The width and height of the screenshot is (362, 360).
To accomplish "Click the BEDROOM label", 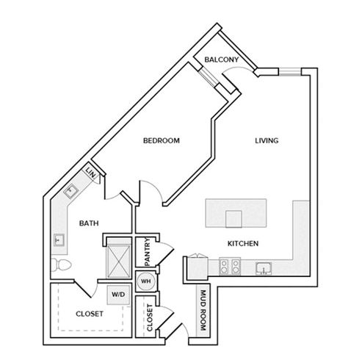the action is pyautogui.click(x=162, y=140).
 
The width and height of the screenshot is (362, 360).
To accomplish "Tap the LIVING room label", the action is pyautogui.click(x=267, y=140).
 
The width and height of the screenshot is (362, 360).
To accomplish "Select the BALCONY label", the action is pyautogui.click(x=222, y=60).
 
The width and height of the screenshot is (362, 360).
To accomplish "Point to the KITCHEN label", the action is pyautogui.click(x=243, y=243).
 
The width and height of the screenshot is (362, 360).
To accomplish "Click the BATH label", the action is pyautogui.click(x=89, y=223).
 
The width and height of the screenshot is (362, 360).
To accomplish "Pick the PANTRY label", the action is pyautogui.click(x=148, y=252).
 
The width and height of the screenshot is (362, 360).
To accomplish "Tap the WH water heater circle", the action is pyautogui.click(x=146, y=281).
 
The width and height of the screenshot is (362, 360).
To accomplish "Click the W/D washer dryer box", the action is pyautogui.click(x=118, y=295).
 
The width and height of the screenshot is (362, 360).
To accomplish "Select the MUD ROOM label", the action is pyautogui.click(x=203, y=310).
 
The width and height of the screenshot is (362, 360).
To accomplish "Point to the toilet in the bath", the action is pyautogui.click(x=61, y=264).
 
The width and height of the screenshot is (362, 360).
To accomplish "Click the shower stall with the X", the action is pyautogui.click(x=119, y=261).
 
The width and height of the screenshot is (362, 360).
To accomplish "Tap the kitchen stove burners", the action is pyautogui.click(x=230, y=266).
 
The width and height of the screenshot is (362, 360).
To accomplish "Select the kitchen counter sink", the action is pyautogui.click(x=264, y=268).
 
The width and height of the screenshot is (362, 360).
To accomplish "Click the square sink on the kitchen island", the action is pyautogui.click(x=234, y=219).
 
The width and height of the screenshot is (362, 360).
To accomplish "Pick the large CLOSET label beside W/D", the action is pyautogui.click(x=90, y=314).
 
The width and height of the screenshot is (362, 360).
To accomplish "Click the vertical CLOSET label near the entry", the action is pyautogui.click(x=150, y=317).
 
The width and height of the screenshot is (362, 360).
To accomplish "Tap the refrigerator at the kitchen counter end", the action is pyautogui.click(x=198, y=267).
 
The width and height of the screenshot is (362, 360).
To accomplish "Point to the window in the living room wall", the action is pyautogui.click(x=290, y=71).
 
